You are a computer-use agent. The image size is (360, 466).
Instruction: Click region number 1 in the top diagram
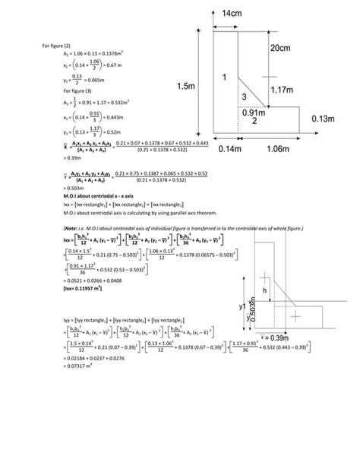click(224, 78)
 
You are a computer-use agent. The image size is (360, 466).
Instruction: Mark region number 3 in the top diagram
click(243, 98)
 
